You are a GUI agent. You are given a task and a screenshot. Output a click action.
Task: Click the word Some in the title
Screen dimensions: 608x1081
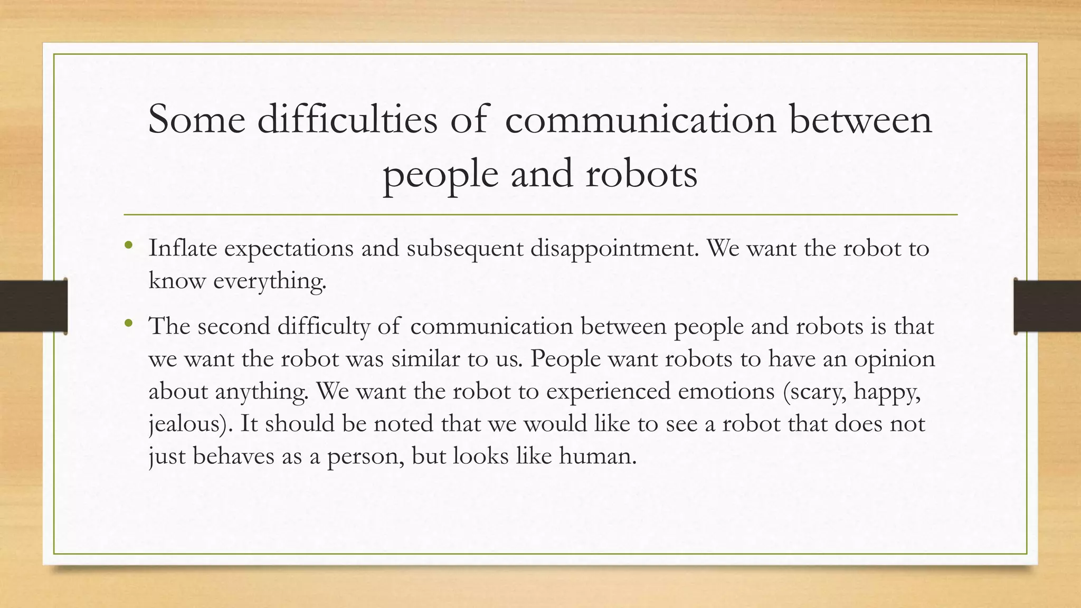coord(196,119)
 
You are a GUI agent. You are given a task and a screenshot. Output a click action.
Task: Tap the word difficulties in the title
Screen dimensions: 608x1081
coord(347,119)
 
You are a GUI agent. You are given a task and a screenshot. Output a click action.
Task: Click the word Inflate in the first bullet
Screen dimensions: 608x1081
coord(183,248)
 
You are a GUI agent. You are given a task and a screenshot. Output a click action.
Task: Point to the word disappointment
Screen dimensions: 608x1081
coord(614,248)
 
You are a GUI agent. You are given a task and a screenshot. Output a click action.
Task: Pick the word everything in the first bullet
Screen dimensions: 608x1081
coord(269,281)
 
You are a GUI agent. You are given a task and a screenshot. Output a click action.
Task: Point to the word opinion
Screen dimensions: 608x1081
coord(895,359)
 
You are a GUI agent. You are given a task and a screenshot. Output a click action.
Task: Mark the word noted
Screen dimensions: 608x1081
coord(403,424)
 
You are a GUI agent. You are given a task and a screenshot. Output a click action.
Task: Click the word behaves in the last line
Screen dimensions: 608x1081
coord(233,456)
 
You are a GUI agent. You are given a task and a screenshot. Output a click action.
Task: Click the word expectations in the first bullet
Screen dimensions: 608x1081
coord(289,248)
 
